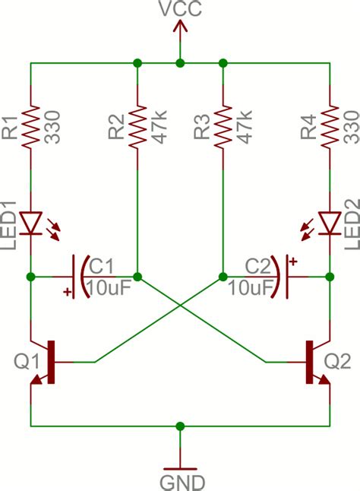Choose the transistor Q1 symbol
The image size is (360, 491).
46,362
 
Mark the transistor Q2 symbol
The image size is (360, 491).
314,362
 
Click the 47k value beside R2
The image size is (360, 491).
149,124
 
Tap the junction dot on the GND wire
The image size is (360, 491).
180,426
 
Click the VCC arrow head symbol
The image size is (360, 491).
180,27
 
